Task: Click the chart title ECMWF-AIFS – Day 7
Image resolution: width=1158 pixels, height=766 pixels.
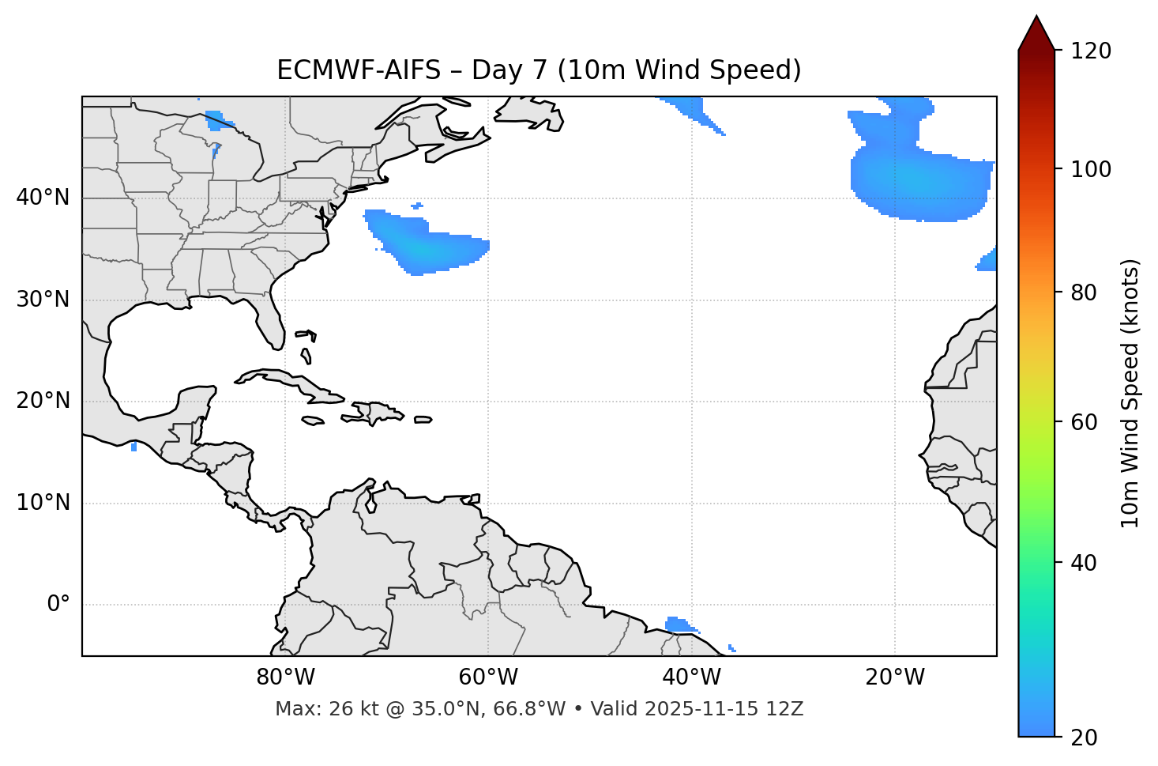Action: pos(539,70)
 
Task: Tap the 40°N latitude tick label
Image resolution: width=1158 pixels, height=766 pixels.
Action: pos(43,198)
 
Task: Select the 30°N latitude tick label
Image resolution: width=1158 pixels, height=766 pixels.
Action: pos(43,300)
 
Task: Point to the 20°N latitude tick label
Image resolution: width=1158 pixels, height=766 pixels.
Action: pos(43,401)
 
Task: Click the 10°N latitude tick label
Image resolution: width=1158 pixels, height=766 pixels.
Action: pos(43,503)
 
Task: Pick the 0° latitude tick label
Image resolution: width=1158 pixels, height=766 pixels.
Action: pos(58,605)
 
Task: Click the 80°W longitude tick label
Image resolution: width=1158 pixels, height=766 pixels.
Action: pos(285,677)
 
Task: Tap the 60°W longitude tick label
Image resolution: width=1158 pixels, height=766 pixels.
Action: pos(488,677)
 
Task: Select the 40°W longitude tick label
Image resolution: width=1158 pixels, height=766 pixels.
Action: pos(691,677)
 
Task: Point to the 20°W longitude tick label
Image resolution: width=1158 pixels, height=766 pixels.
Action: pos(894,677)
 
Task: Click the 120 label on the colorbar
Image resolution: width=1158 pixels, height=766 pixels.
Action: pos(1091,51)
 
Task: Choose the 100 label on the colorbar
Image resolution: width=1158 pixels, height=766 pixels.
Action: pos(1091,169)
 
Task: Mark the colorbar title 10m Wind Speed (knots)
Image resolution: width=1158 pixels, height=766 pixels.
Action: pos(1130,393)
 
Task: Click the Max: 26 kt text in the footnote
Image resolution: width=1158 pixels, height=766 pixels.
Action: pos(333,709)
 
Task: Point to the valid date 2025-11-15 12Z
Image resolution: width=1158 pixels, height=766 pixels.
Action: pos(724,709)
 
